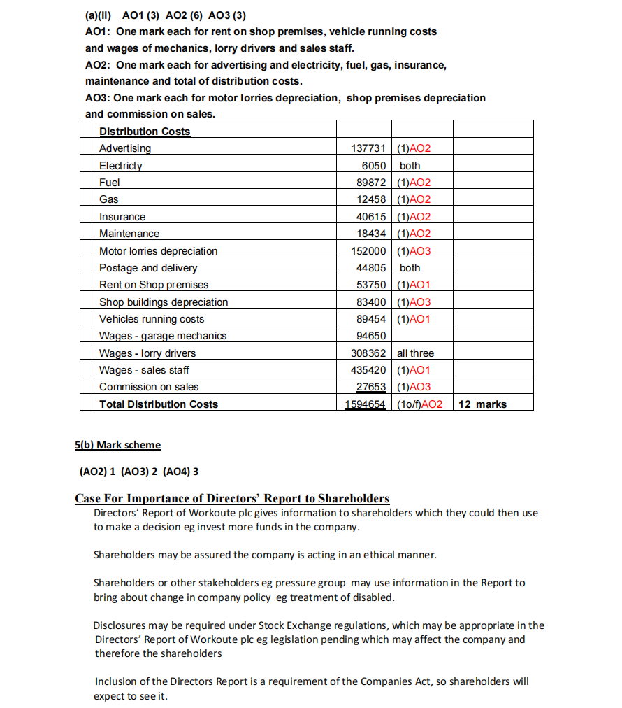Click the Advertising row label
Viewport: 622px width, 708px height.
pos(125,148)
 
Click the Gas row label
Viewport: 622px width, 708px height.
pos(109,199)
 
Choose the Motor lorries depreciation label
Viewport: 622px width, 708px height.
pos(158,251)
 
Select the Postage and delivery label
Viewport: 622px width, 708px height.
pos(148,268)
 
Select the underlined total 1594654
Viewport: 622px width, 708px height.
pos(366,404)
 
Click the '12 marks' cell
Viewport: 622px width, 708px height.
pos(482,404)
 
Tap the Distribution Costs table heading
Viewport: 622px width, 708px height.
pos(145,132)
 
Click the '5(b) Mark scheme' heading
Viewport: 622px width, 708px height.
pos(117,445)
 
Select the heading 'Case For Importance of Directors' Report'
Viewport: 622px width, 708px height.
pos(232,498)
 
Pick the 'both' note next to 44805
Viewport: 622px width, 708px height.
pos(410,268)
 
